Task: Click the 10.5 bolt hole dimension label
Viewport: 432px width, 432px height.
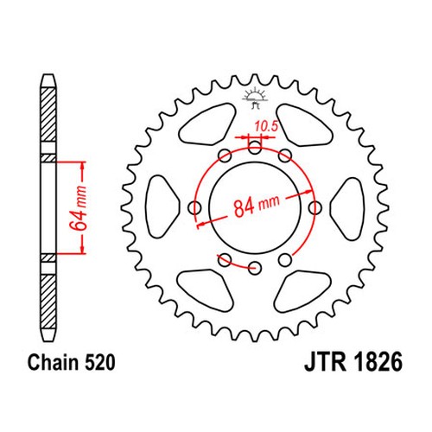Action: [x=266, y=126]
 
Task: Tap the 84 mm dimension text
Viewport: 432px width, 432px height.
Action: [x=257, y=206]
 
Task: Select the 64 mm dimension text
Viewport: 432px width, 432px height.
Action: [x=79, y=208]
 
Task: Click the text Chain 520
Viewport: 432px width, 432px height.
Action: [x=72, y=362]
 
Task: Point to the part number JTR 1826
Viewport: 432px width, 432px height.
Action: [x=353, y=362]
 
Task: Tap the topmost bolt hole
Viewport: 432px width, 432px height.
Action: [x=255, y=149]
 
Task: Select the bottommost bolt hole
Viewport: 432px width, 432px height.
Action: [x=255, y=268]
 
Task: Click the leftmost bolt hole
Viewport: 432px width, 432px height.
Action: [x=194, y=207]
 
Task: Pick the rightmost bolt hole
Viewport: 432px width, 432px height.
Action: [x=315, y=207]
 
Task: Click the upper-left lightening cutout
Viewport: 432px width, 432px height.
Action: [x=207, y=124]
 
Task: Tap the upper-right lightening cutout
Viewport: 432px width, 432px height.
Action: [x=304, y=124]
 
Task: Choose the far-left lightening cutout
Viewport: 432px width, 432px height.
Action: [x=162, y=206]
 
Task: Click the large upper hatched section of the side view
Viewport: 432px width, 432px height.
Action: [x=48, y=114]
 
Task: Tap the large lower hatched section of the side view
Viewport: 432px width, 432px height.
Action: [x=48, y=302]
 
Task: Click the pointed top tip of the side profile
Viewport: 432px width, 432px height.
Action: [x=48, y=75]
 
